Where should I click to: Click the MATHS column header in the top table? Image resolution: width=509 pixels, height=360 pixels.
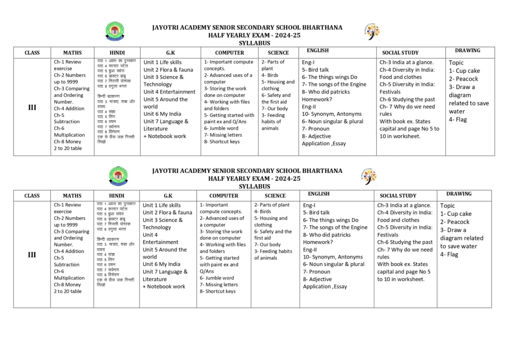tap(72, 52)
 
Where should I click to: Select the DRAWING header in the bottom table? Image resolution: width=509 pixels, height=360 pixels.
tap(458, 193)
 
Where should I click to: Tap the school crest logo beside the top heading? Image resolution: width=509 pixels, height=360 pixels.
tap(115, 31)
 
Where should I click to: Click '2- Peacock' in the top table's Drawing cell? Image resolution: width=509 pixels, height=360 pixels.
tap(463, 79)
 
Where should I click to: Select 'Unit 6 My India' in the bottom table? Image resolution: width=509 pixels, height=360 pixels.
tap(161, 264)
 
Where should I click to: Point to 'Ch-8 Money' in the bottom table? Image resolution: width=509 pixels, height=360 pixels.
tap(67, 284)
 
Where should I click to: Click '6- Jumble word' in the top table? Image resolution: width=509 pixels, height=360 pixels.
tap(221, 128)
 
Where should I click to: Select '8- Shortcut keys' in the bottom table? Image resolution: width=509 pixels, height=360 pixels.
tap(218, 291)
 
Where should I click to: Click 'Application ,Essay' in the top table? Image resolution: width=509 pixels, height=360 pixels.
tap(324, 143)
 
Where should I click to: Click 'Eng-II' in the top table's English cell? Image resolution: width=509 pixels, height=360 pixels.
tap(309, 106)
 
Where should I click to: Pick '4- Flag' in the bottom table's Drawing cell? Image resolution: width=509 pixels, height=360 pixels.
tap(449, 254)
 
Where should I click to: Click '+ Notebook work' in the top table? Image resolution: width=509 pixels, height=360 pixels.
tap(165, 136)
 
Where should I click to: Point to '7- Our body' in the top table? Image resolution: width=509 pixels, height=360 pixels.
tap(275, 108)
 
